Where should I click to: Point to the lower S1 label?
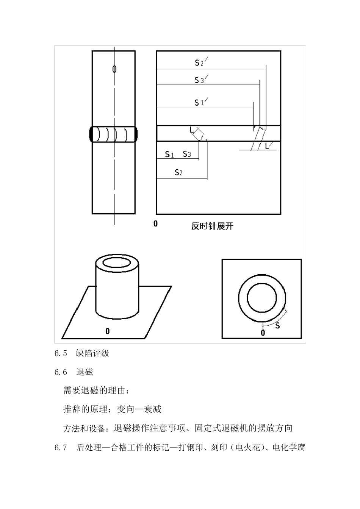point(169,154)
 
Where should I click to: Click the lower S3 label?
point(187,154)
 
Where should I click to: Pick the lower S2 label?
point(178,173)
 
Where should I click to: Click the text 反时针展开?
point(212,226)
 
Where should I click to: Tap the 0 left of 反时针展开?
point(155,224)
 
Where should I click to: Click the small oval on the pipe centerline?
point(114,69)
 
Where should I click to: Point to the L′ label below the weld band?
point(268,146)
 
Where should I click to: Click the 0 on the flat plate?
point(108,331)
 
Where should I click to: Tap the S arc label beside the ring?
point(277,325)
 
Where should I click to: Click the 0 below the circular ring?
point(263,333)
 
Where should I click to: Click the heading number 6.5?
point(61,353)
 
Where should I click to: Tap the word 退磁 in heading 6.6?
point(85,372)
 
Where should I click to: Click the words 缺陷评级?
point(93,353)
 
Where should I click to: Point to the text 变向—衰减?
point(139,409)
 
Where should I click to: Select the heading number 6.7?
point(61,448)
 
